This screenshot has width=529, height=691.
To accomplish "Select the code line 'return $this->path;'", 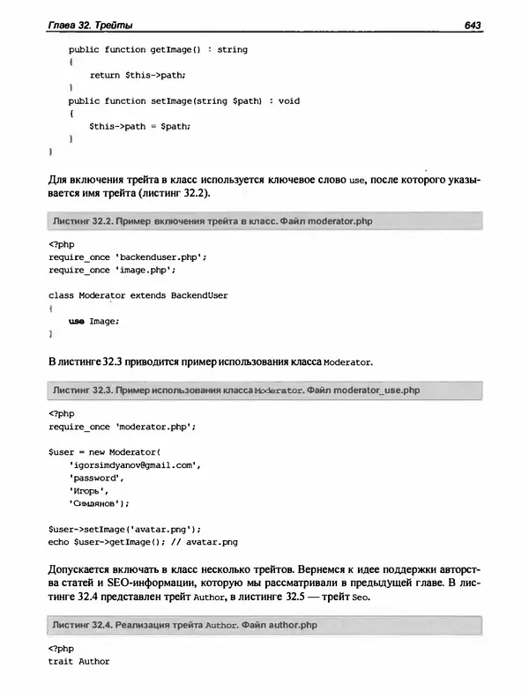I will click(x=138, y=76).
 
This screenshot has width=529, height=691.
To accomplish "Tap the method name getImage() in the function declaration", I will click(x=181, y=50).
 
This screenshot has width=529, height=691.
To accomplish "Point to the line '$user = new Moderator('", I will click(x=106, y=451).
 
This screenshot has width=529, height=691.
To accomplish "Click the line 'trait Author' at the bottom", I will click(x=79, y=661).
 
